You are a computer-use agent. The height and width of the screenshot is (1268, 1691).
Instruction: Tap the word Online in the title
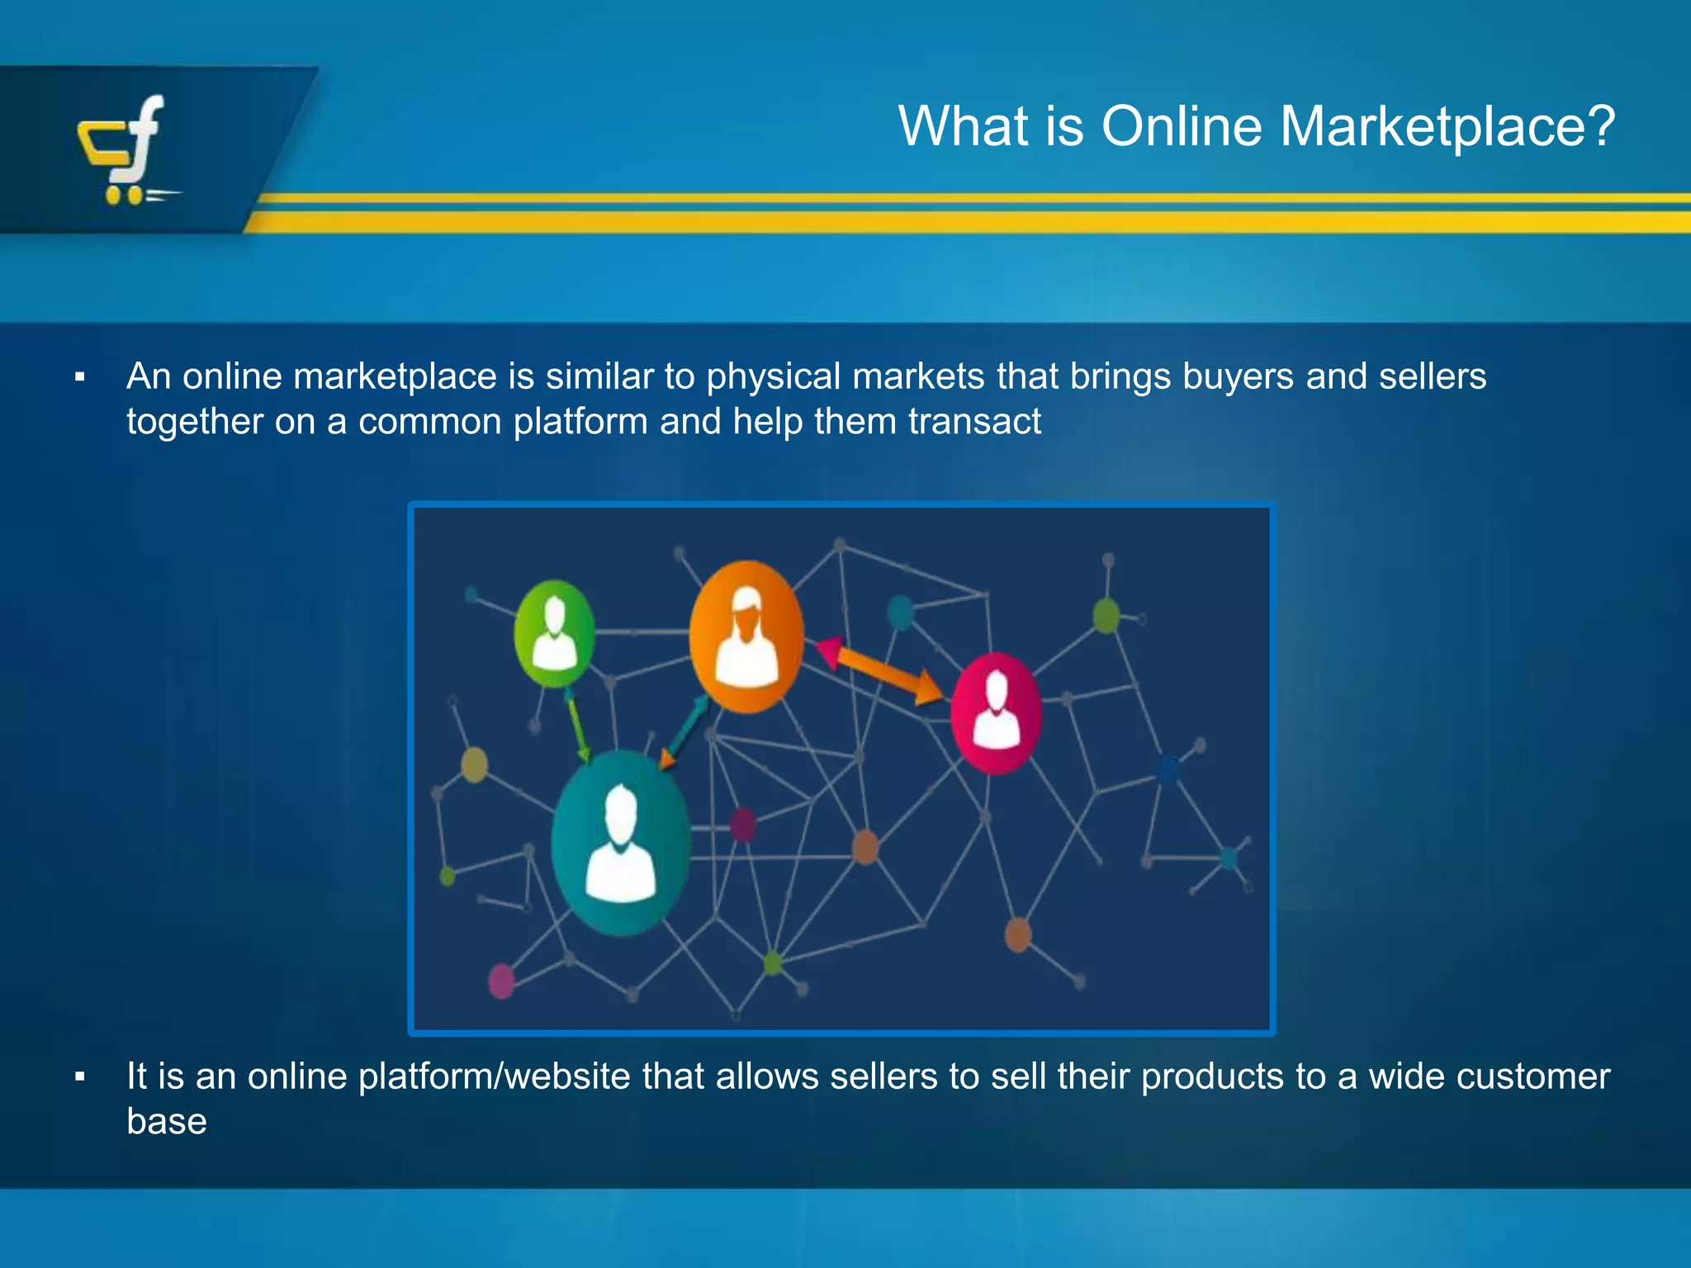[1182, 126]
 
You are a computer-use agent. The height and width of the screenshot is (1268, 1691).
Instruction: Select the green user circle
[554, 634]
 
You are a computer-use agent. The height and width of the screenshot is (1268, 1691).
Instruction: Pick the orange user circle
[746, 636]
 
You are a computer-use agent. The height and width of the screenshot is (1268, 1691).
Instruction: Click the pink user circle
[996, 712]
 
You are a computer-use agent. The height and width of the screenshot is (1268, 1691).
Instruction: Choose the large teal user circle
[620, 842]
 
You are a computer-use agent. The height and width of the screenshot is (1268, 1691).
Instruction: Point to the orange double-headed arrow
[880, 672]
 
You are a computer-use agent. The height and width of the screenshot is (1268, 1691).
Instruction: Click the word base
[167, 1122]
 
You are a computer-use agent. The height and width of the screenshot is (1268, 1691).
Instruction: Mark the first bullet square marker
[80, 378]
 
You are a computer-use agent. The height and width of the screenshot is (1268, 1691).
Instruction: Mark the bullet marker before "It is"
[80, 1077]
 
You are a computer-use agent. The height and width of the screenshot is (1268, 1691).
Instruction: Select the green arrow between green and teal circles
[577, 726]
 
